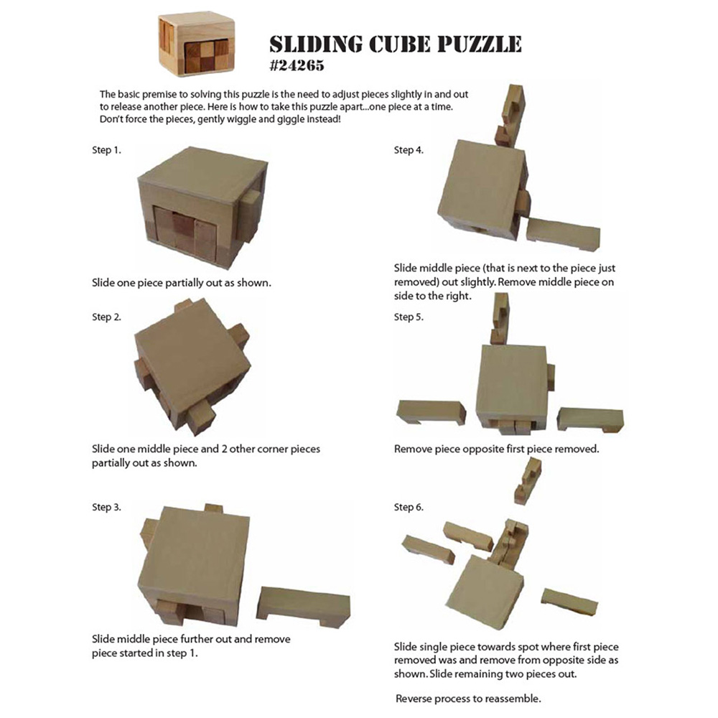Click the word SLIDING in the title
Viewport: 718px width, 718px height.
[x=314, y=45]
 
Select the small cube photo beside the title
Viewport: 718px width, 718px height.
[x=187, y=43]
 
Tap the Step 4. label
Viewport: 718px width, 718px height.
[x=409, y=150]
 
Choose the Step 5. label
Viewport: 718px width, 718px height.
[x=409, y=317]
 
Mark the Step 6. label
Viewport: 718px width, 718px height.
[x=409, y=507]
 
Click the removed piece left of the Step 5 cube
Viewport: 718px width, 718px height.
[x=431, y=411]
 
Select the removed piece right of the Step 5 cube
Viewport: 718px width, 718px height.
[x=590, y=419]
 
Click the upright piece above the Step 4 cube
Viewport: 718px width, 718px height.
[x=511, y=115]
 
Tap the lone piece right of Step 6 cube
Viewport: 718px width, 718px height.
[x=569, y=601]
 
